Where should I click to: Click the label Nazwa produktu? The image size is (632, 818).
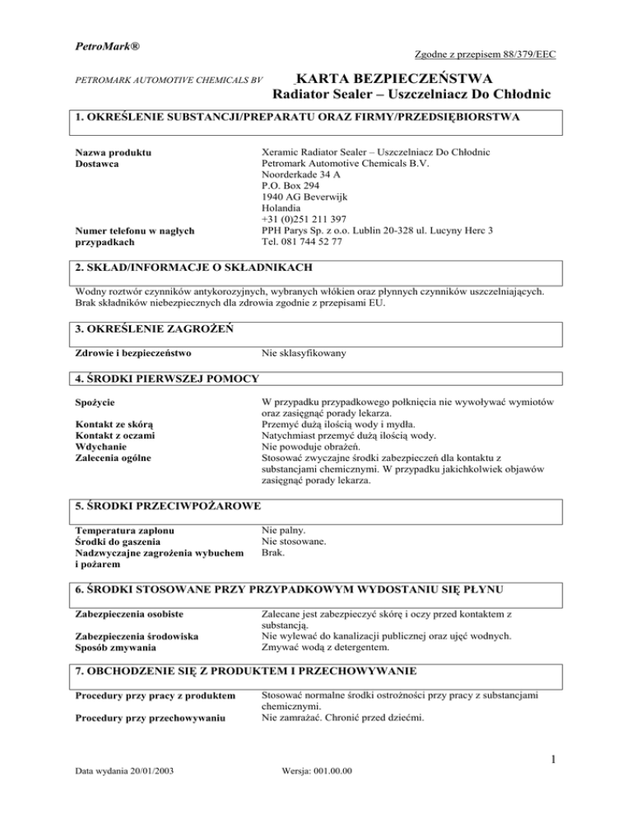click(115, 151)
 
